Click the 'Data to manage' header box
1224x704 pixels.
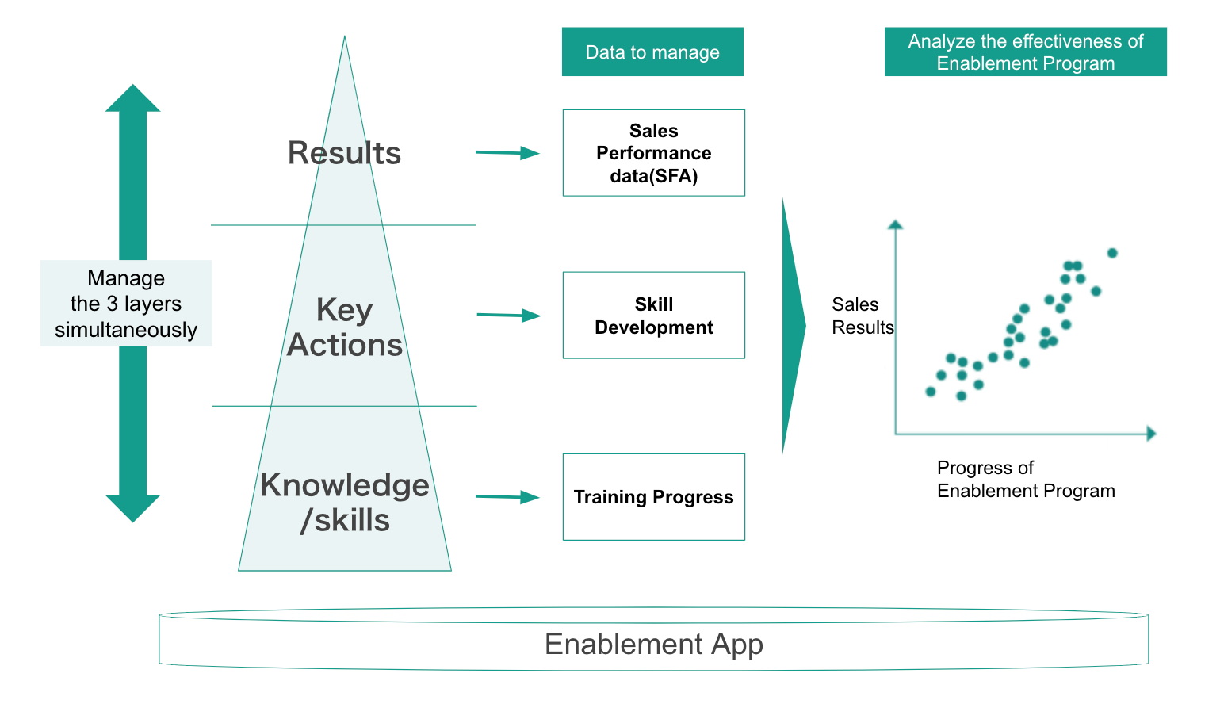coord(652,52)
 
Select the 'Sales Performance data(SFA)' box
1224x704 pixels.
coord(653,153)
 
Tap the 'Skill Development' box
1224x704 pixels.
coord(653,316)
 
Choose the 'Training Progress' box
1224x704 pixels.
coord(653,497)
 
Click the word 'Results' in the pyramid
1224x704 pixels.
coord(345,153)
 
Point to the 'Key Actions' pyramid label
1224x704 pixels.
coord(345,327)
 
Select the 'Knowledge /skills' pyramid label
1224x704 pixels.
coord(345,503)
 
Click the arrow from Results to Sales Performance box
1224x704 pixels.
coord(508,153)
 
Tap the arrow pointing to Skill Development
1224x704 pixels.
coord(509,316)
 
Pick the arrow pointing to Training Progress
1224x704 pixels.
coord(508,497)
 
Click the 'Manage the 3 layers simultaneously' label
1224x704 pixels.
coord(126,304)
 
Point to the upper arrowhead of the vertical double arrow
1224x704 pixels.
coord(133,98)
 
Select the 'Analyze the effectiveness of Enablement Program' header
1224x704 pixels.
coord(1025,52)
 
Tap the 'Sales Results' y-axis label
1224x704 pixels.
coord(862,316)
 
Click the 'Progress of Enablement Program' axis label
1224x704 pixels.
coord(1025,479)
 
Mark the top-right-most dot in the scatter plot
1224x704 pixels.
coord(1112,253)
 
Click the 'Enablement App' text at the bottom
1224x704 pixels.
coord(654,644)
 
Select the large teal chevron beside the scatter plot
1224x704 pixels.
coord(793,325)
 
